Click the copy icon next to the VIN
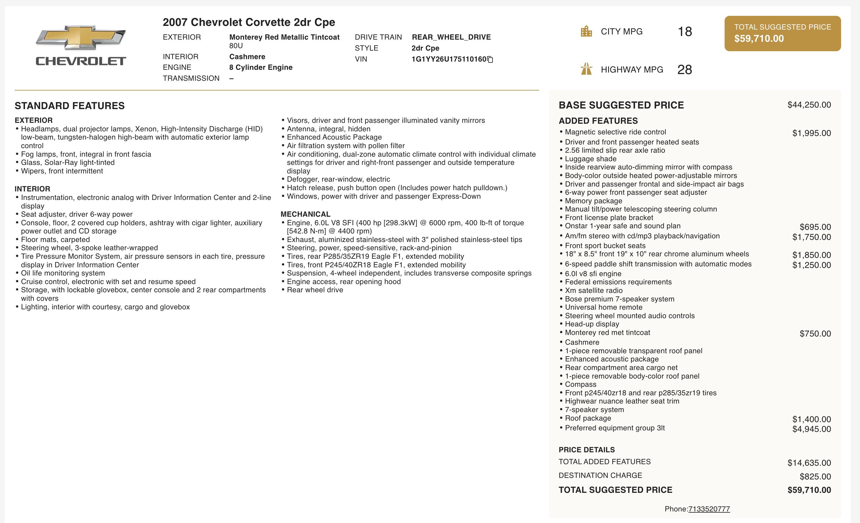coord(490,60)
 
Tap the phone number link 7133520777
coord(708,509)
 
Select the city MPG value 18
coord(684,32)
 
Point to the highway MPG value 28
coord(684,70)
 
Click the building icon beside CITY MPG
coord(586,31)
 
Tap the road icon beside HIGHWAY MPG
coord(586,69)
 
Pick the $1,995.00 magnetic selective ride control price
coord(811,133)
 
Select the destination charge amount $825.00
coord(815,477)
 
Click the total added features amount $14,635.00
coord(809,463)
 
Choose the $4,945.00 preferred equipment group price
coord(811,429)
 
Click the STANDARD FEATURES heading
coord(70,106)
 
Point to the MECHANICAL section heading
coord(305,214)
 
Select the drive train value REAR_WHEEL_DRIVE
coord(451,37)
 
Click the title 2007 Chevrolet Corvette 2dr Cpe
coord(249,22)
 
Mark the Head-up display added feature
coord(592,324)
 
